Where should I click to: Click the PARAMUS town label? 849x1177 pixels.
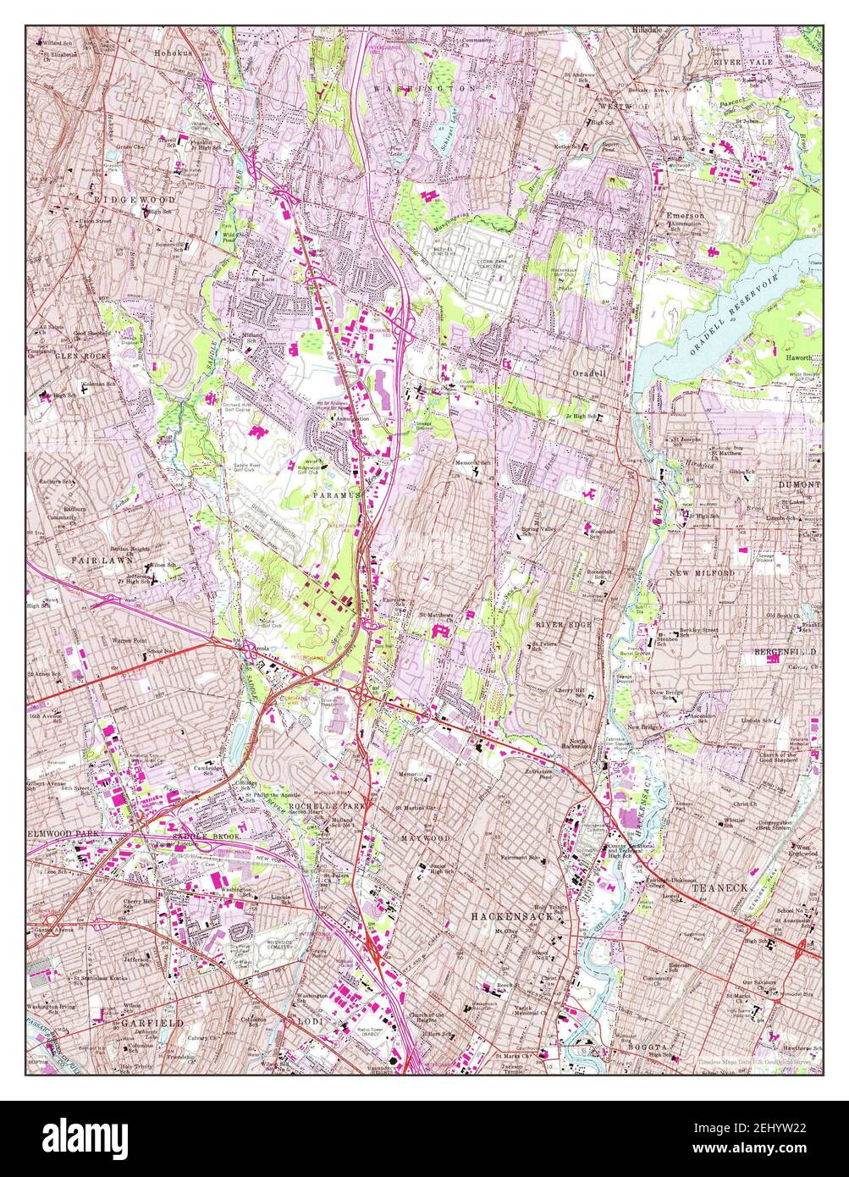pyautogui.click(x=338, y=494)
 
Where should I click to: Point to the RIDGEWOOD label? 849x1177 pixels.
pyautogui.click(x=135, y=199)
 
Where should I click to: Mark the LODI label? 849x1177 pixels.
pyautogui.click(x=309, y=1023)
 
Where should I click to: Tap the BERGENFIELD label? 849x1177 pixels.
pyautogui.click(x=785, y=652)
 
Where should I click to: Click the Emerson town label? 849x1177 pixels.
pyautogui.click(x=685, y=216)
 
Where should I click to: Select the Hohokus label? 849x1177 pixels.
pyautogui.click(x=174, y=52)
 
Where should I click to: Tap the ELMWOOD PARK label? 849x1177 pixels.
pyautogui.click(x=64, y=834)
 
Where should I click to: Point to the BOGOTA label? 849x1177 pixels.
pyautogui.click(x=648, y=1047)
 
